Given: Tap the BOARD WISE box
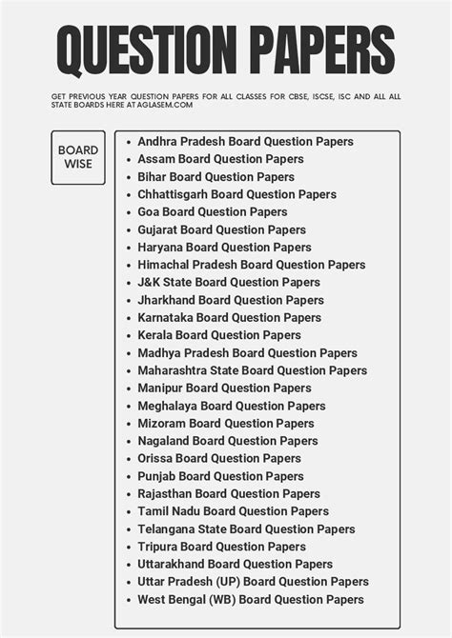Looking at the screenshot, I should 78,157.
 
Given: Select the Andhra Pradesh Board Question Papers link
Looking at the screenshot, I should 245,142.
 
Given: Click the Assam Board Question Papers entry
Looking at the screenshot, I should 220,159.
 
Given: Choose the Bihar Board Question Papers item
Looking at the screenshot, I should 216,177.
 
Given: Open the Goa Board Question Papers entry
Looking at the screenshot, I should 212,212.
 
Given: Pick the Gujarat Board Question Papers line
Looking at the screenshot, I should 221,229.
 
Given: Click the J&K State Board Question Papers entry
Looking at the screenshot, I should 229,283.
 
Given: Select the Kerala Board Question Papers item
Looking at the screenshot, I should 219,335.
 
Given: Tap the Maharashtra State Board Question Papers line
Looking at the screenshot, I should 252,370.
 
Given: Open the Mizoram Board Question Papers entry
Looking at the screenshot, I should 225,424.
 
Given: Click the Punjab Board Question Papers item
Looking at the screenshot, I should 220,476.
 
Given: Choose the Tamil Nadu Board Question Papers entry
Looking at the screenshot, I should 233,511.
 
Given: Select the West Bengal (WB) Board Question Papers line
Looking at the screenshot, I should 251,600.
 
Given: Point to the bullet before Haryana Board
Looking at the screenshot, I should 129,248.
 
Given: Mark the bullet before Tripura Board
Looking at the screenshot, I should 129,548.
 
